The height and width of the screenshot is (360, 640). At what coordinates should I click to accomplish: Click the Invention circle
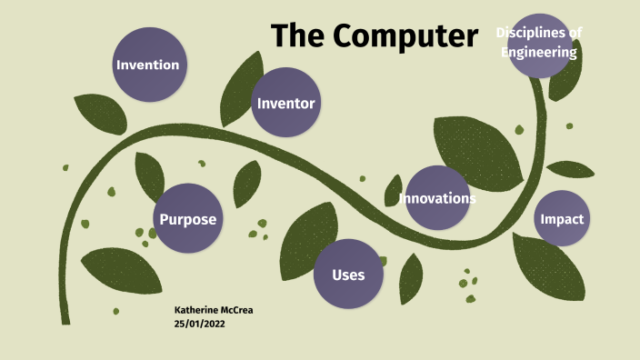coord(147,65)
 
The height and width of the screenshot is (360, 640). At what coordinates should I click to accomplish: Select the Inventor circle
coord(286,103)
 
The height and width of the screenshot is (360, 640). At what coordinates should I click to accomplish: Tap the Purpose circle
coord(188,219)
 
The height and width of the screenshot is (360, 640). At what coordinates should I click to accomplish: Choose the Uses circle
coord(348,275)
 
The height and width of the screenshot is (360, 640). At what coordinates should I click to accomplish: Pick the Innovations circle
coord(437,197)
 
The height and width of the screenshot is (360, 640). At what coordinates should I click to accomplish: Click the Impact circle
coord(562,219)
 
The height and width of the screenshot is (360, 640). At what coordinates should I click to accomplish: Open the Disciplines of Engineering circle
coord(540,45)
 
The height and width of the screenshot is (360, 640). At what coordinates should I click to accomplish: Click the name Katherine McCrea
coord(213,310)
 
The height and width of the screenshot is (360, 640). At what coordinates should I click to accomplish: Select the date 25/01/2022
coord(199,323)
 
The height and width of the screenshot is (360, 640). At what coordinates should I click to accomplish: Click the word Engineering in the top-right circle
coord(540,53)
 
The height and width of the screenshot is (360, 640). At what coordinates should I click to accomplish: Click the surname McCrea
coord(235,310)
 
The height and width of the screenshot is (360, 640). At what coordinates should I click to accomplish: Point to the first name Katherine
coord(195,310)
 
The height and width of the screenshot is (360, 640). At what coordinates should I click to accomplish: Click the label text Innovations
coord(437,198)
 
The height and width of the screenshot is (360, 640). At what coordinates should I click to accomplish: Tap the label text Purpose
coord(188,219)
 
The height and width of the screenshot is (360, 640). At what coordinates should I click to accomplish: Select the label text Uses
coord(348,275)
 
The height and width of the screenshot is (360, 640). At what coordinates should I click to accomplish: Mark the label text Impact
coord(562,219)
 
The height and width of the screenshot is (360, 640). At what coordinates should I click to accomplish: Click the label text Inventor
coord(286,103)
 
